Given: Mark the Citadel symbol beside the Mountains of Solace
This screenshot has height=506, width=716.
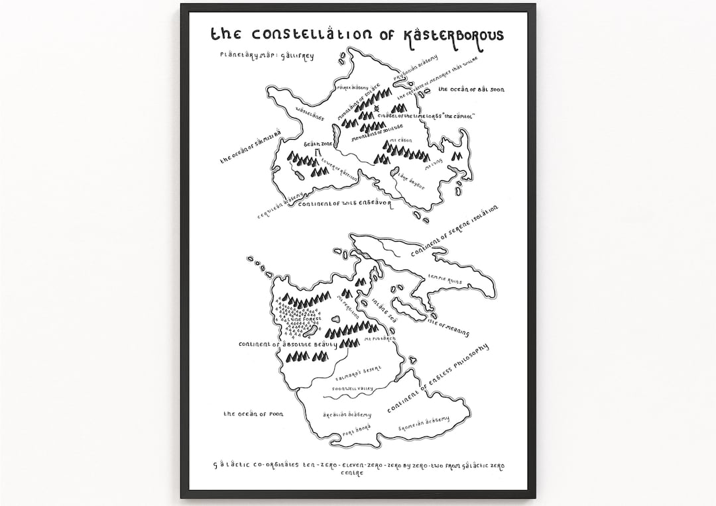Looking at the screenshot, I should tap(377, 109).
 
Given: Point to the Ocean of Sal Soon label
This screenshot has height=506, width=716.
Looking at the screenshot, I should tap(475, 89).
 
